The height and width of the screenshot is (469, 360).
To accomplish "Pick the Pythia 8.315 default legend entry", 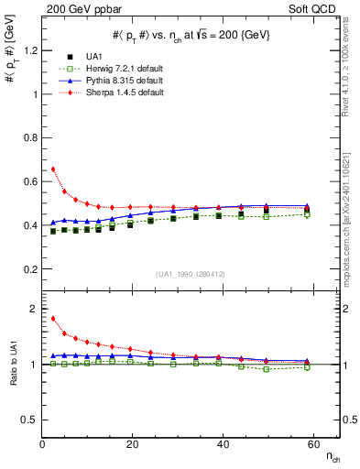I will tap(137, 81).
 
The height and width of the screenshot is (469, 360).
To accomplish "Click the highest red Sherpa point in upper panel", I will tap(53, 169).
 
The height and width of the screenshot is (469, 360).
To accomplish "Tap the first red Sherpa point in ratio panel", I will tap(53, 319).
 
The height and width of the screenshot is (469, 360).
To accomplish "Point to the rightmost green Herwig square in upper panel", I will tap(307, 214).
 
